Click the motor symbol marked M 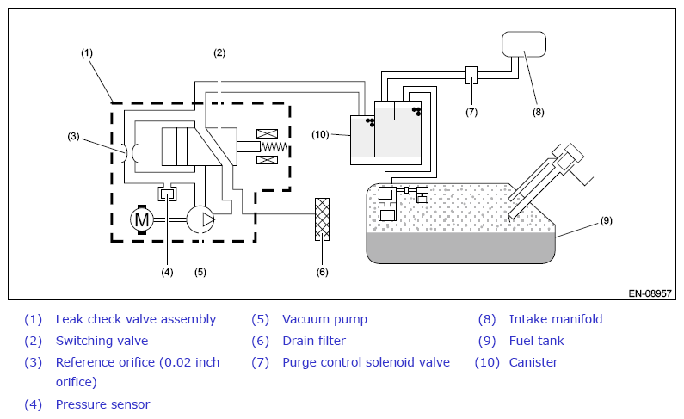142,219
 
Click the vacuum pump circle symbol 200,219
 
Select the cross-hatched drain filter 322,219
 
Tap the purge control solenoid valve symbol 471,76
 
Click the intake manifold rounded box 524,44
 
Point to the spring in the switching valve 274,147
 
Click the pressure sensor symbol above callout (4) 167,194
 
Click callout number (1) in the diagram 87,52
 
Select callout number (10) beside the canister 320,134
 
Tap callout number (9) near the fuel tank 607,220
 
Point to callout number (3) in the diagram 73,137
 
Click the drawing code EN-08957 650,293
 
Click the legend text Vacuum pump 324,319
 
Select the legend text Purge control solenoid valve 366,362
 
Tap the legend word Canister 533,362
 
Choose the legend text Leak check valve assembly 136,319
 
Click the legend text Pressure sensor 102,404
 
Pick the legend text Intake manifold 556,319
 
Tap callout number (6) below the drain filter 322,272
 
